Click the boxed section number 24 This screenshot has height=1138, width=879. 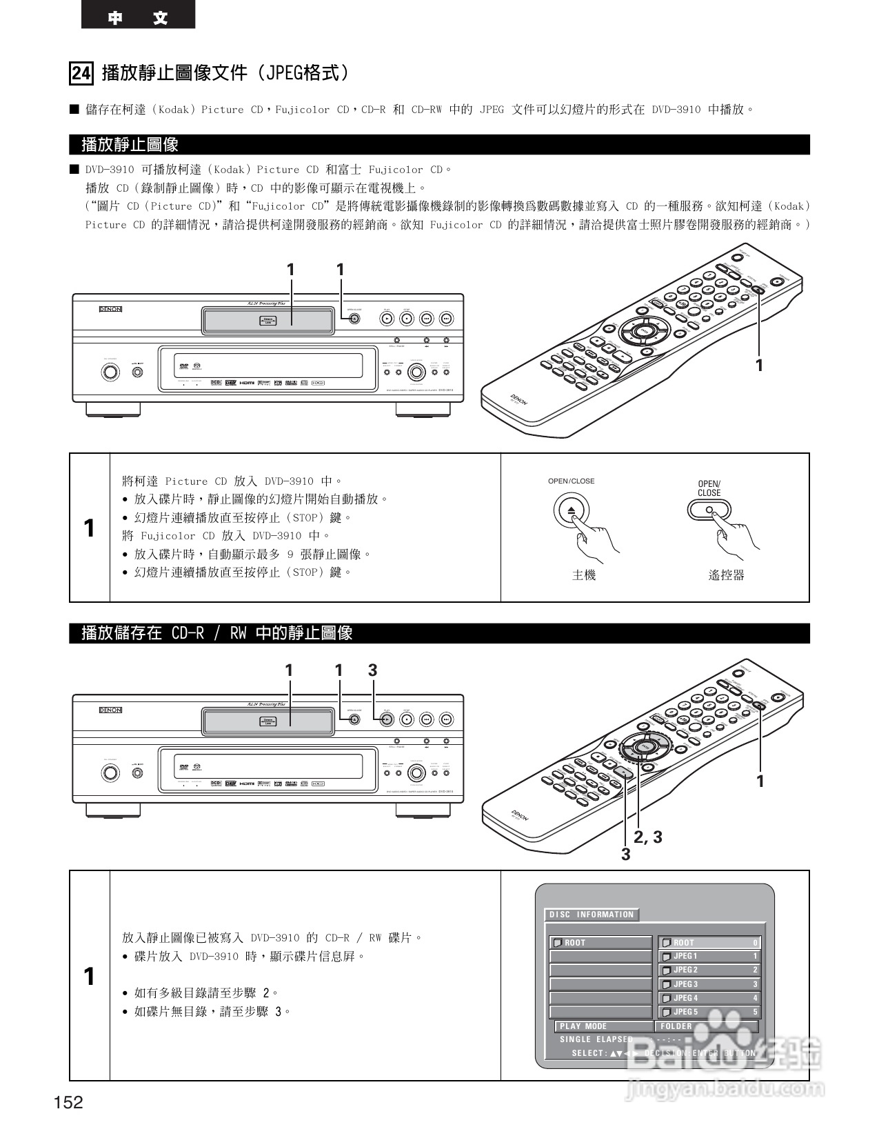click(x=81, y=73)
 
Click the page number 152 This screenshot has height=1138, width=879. click(x=68, y=1102)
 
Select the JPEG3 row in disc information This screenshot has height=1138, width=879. click(x=709, y=984)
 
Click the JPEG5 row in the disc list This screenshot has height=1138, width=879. click(x=709, y=1012)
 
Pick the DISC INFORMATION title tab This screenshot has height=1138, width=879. click(x=592, y=915)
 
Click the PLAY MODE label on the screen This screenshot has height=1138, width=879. click(x=583, y=1026)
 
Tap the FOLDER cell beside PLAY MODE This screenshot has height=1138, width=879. click(x=706, y=1026)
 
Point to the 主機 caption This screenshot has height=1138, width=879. click(x=584, y=575)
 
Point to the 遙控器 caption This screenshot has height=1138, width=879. click(x=726, y=575)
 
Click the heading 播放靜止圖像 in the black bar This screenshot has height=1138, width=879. click(x=130, y=145)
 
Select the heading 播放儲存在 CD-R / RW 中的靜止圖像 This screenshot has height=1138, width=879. click(x=217, y=633)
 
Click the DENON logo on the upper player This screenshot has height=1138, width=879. click(x=110, y=309)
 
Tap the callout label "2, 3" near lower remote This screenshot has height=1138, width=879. click(x=648, y=837)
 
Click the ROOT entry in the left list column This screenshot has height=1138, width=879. click(x=600, y=943)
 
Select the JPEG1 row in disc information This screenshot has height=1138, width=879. click(x=709, y=957)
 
